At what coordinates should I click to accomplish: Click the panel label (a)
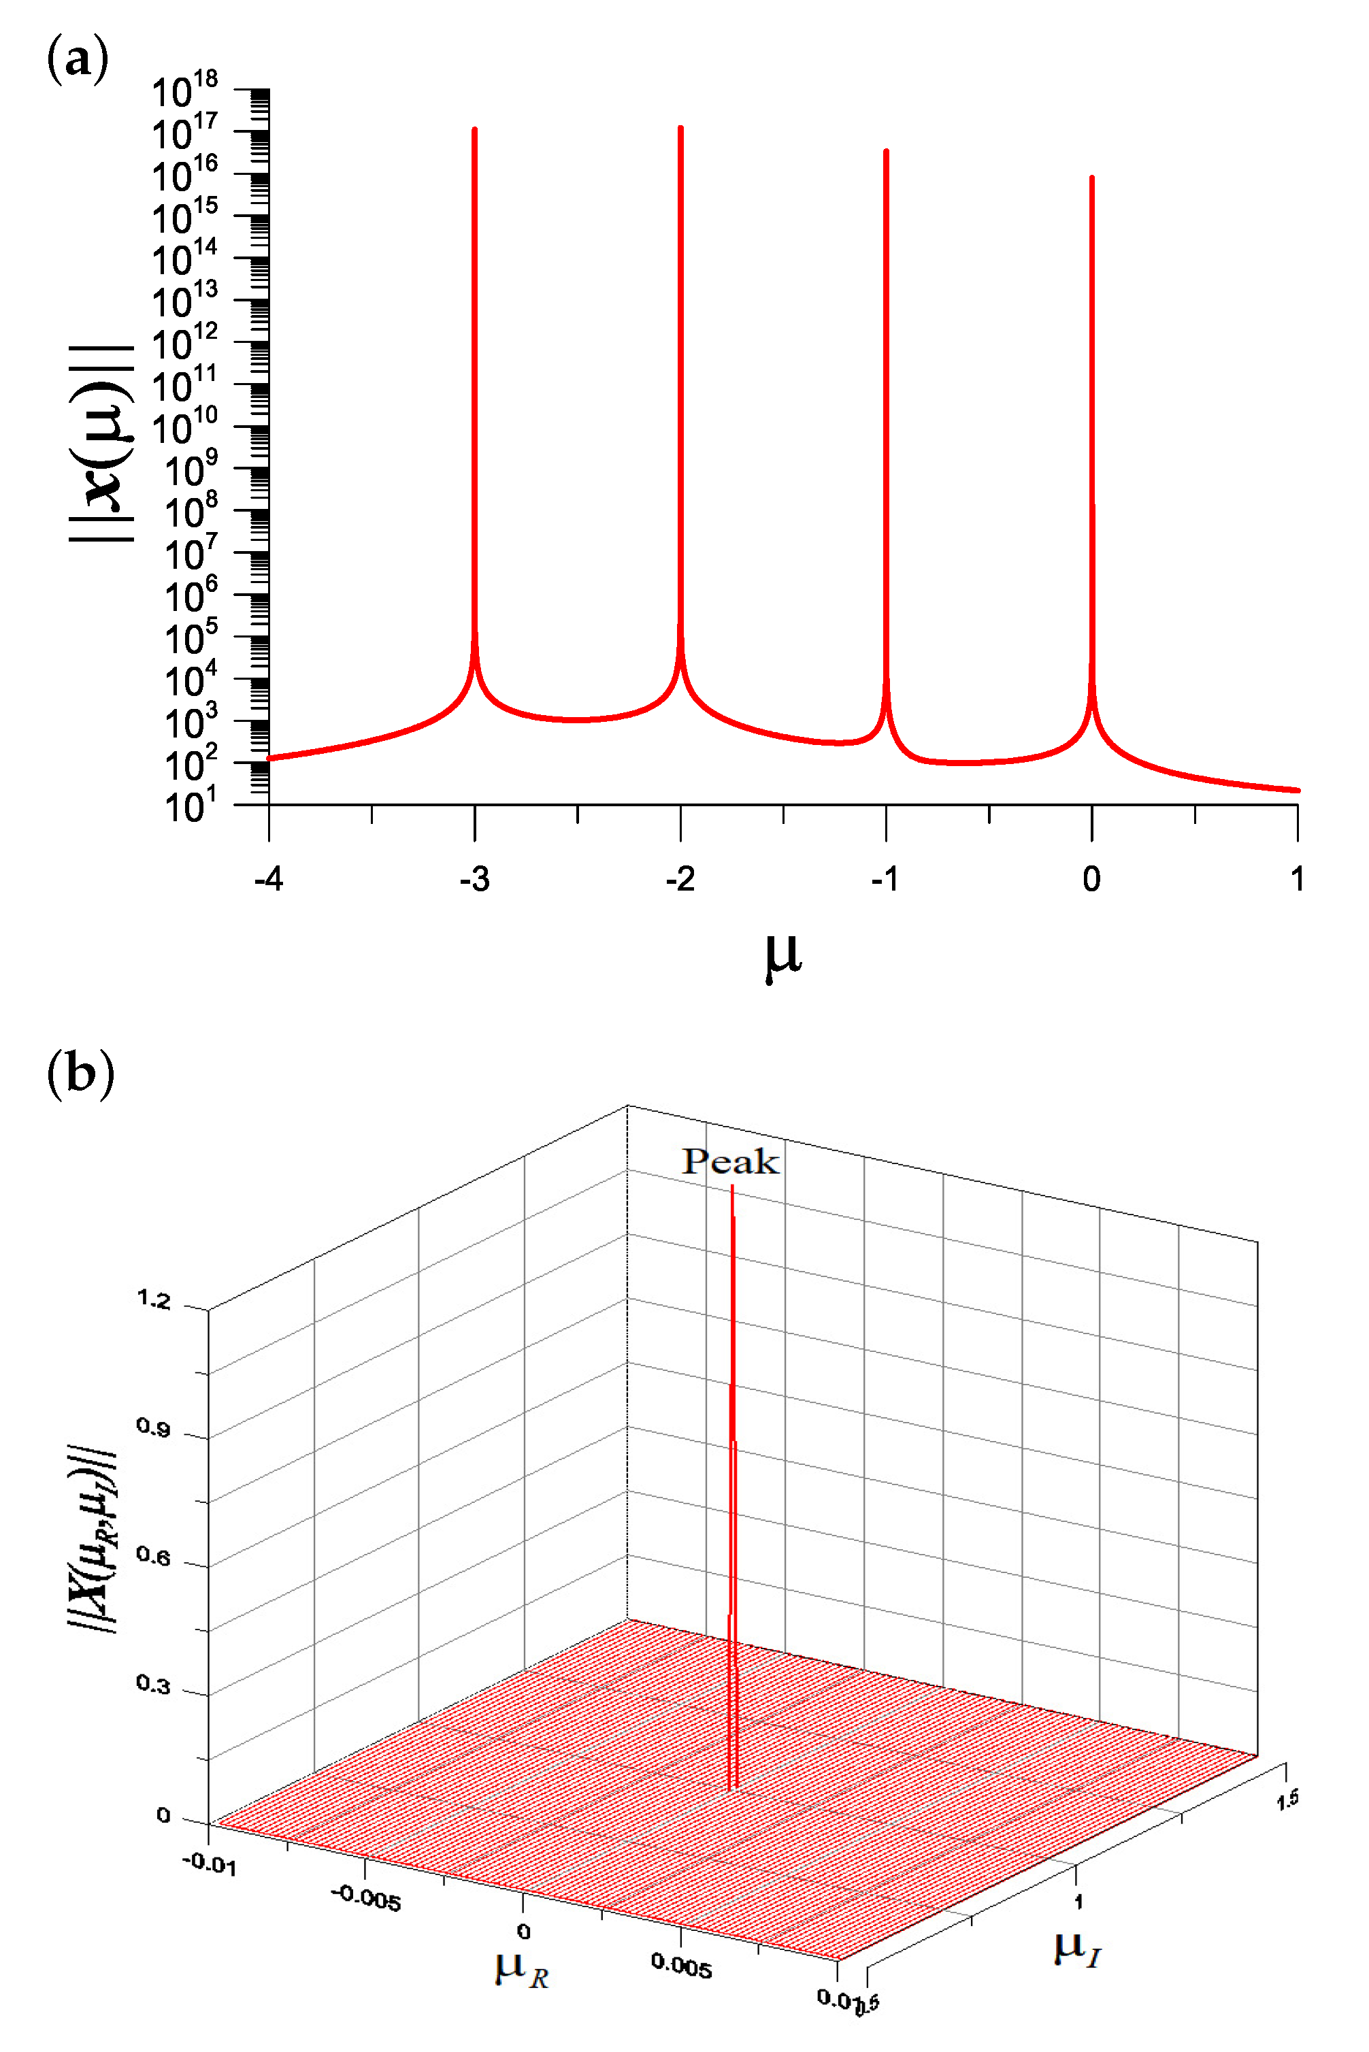[78, 59]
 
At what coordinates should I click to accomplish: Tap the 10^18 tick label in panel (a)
[185, 90]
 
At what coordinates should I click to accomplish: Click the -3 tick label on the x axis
[474, 879]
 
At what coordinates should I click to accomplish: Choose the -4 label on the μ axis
[268, 879]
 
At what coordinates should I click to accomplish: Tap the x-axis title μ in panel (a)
[782, 956]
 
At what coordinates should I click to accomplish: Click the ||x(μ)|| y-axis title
[102, 444]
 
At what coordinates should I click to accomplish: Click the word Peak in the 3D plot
[730, 1161]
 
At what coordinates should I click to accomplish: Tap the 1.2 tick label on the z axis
[154, 1300]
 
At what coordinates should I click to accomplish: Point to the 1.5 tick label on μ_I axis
[1287, 1799]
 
